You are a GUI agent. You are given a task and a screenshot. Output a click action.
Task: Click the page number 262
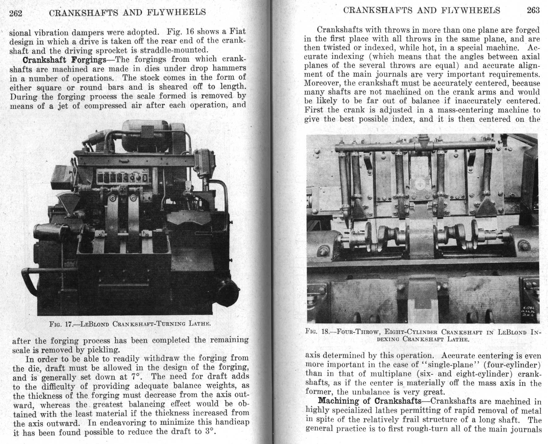pos(15,13)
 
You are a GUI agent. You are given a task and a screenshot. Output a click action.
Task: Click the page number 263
pos(533,11)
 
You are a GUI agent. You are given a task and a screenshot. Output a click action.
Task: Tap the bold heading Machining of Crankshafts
pos(370,401)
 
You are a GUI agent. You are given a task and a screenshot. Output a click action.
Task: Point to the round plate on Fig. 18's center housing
pos(420,185)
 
